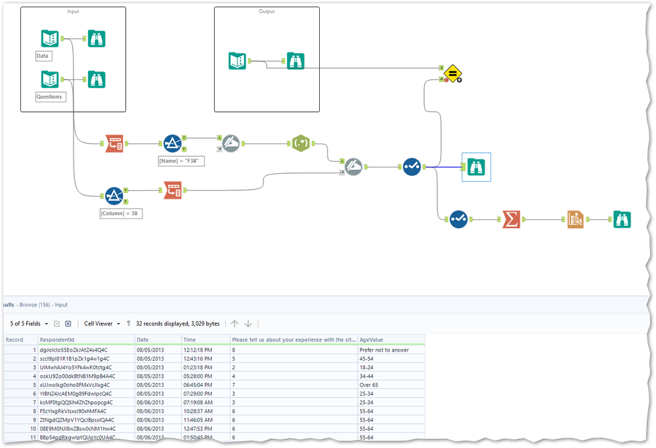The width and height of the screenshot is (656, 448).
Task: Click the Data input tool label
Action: [x=43, y=56]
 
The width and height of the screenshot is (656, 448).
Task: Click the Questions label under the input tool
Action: [x=51, y=97]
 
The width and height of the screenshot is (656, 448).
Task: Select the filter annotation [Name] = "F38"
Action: [x=181, y=161]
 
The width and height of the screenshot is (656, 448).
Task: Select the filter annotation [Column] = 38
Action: [x=121, y=214]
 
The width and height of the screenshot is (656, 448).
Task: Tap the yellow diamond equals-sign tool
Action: [x=451, y=73]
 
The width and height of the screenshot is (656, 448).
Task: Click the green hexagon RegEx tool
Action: [x=301, y=144]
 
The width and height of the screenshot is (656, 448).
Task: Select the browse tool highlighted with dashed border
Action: [x=476, y=167]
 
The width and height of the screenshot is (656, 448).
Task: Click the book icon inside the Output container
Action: [x=238, y=61]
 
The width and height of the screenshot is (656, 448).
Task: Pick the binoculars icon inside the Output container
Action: [x=295, y=61]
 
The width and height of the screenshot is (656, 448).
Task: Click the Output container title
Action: [x=267, y=11]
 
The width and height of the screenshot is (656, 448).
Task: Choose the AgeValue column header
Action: [x=372, y=340]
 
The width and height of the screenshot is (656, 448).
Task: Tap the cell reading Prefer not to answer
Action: [x=384, y=350]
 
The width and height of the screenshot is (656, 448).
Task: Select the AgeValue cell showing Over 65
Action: [x=370, y=385]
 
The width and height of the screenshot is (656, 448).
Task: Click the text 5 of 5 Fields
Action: [x=25, y=323]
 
